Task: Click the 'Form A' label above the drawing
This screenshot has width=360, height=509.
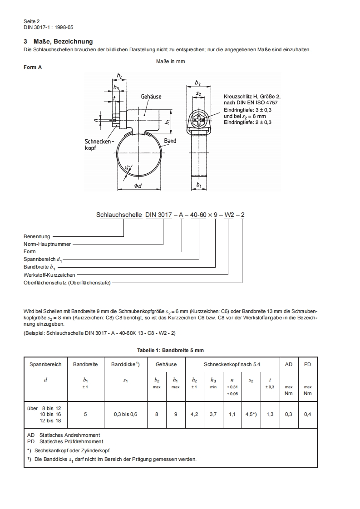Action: [33, 67]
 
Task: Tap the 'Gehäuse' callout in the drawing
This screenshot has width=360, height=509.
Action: [151, 97]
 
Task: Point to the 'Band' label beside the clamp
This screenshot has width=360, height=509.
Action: [170, 141]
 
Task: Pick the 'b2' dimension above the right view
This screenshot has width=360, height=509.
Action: [197, 83]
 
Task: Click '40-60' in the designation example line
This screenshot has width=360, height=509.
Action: [198, 215]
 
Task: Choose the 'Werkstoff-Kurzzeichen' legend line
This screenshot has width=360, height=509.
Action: [49, 275]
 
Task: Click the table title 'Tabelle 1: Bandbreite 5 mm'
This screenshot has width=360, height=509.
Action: [170, 350]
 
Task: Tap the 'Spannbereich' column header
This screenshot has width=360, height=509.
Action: [45, 364]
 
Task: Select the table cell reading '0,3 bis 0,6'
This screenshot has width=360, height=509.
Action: [125, 414]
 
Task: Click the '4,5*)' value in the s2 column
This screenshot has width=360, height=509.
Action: [251, 414]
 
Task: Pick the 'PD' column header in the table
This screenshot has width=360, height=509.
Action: [307, 364]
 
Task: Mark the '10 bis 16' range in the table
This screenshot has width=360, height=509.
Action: [50, 414]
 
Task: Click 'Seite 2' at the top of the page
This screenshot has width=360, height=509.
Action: [32, 21]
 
